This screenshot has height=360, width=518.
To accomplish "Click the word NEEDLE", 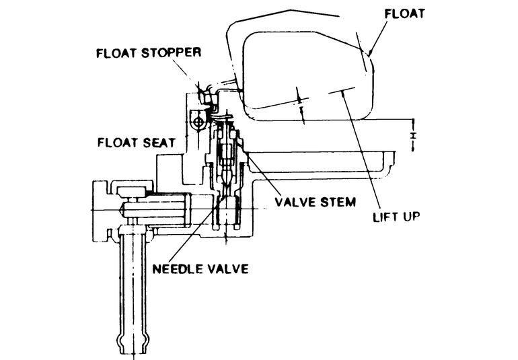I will (178, 268).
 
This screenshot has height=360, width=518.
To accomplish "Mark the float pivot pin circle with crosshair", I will (199, 122).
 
